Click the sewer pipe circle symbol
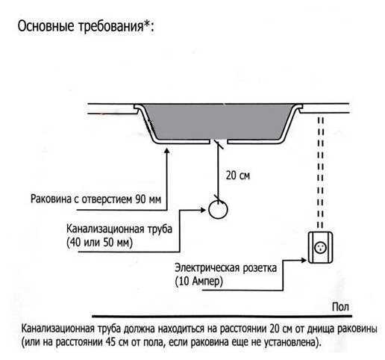218,210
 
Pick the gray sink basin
216,123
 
